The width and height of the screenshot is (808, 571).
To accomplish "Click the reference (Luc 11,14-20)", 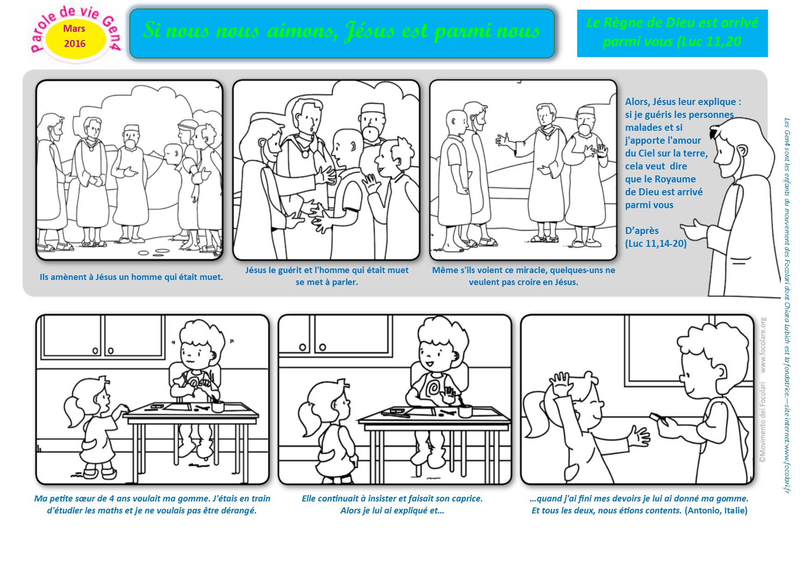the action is point(656,244).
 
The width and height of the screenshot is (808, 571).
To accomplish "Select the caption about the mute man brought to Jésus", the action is point(131,277).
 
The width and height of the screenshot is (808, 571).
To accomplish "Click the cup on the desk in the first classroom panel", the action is point(217,406).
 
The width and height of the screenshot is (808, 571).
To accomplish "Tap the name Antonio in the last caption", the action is point(703,510).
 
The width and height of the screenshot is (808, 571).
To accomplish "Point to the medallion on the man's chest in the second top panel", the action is point(304,154).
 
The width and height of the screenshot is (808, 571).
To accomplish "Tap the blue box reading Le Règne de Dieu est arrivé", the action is point(672,33).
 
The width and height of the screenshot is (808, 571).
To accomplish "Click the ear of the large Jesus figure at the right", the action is point(742,152).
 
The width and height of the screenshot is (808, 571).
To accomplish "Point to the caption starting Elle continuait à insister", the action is point(392,504).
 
